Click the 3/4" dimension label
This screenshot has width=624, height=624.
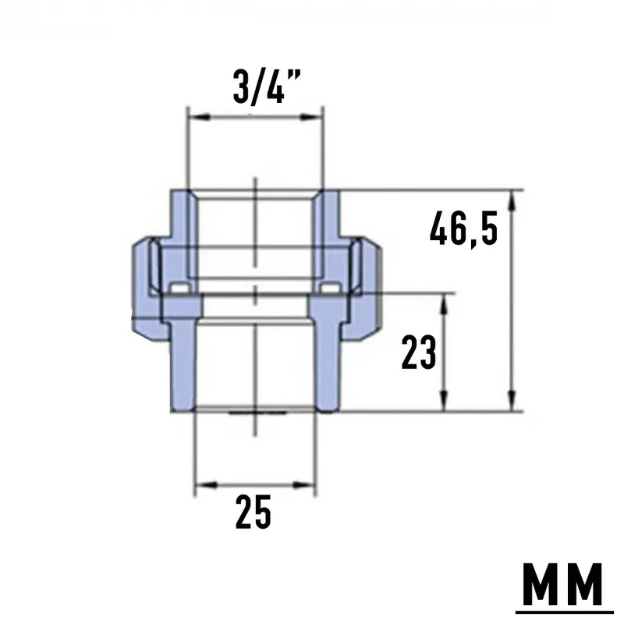coord(266,87)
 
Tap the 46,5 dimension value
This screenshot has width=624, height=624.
coord(463,229)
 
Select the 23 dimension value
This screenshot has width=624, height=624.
coord(419,353)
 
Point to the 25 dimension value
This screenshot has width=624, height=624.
coord(253,512)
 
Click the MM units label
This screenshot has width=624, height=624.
coord(562,584)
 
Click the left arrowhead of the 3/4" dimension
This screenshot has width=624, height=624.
coord(199,117)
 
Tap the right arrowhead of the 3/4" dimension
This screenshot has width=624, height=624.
coord(310,117)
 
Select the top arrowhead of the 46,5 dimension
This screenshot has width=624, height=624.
coord(512,202)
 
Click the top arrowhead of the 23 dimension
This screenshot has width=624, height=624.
coord(444,305)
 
